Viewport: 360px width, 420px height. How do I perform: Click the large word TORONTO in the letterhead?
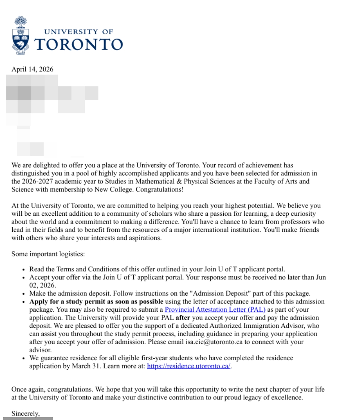[78, 44]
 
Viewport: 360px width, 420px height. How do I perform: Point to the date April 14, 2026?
[32, 69]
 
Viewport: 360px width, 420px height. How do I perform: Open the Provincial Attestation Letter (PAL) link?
[215, 309]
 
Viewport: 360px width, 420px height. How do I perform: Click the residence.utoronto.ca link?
[189, 366]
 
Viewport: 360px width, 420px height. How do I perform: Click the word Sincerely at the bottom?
[25, 413]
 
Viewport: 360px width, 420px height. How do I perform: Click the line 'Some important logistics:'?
[48, 254]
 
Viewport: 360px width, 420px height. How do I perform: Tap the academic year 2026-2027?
[37, 181]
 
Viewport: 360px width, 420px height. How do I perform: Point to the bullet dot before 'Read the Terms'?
[24, 270]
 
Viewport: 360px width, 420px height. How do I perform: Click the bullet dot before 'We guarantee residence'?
[24, 358]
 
